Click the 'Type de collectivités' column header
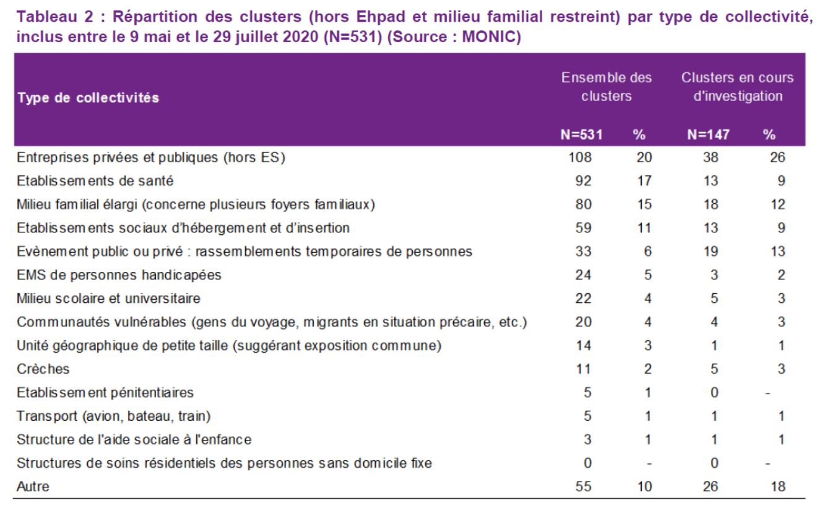point(89,98)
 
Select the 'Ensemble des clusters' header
point(606,87)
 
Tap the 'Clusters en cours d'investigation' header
point(738,87)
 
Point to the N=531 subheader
point(581,134)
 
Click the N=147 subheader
point(708,134)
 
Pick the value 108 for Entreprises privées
point(580,157)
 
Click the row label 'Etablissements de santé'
point(95,181)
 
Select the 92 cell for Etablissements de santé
point(583,181)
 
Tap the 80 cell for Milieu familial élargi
point(583,204)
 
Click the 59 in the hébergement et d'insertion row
point(583,228)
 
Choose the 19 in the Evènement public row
point(711,251)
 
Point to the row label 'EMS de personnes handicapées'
point(119,275)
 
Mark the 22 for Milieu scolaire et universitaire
point(583,298)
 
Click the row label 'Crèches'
point(43,369)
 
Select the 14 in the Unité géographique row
point(584,345)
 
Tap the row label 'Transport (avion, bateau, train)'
point(114,416)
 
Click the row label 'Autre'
point(33,486)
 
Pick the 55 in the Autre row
point(583,486)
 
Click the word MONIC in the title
point(488,37)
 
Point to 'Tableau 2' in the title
point(54,17)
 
